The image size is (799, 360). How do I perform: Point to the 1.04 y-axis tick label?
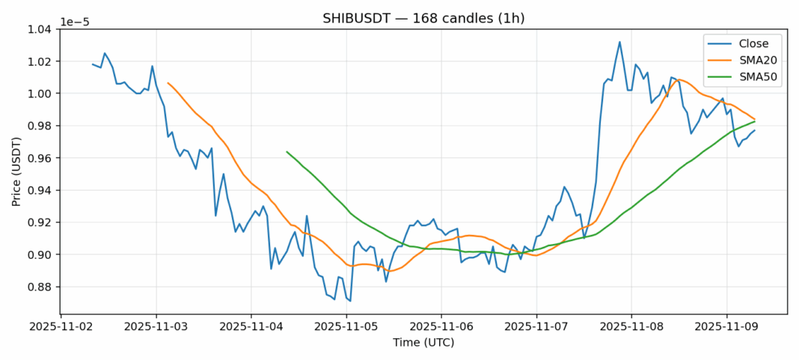[x=39, y=29]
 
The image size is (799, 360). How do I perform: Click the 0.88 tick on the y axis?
[x=39, y=287]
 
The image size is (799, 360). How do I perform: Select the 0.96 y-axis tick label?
[x=39, y=158]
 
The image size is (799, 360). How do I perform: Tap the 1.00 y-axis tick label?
[x=39, y=94]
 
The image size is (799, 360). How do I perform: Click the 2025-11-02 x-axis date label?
[x=61, y=327]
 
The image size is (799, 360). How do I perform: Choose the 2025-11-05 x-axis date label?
[x=346, y=327]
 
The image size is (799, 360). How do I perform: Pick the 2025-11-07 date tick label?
[x=536, y=327]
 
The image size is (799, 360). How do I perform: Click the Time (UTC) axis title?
[x=423, y=343]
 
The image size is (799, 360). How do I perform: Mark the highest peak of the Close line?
[x=619, y=42]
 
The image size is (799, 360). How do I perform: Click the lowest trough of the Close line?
[x=350, y=301]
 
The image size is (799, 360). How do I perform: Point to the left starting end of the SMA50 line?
[x=287, y=152]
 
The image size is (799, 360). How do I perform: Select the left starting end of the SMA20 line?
[x=168, y=83]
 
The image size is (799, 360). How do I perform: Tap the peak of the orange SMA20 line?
[x=679, y=79]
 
